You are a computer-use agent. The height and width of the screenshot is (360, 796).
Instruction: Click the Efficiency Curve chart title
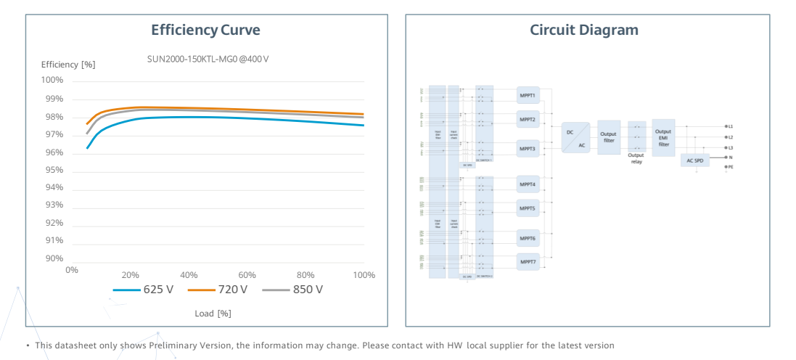point(205,30)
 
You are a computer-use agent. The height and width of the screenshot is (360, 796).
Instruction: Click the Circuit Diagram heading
point(584,30)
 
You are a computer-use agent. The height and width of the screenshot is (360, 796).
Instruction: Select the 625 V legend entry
point(144,290)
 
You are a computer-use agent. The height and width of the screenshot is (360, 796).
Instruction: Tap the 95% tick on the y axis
point(55,170)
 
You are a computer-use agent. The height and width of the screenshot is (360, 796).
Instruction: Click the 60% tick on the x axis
point(247,275)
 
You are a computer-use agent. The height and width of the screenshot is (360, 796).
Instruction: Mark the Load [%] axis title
point(213,314)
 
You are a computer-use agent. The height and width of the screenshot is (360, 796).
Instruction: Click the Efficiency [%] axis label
point(68,65)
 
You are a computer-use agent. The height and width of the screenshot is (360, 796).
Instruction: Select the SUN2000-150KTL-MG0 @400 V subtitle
point(208,58)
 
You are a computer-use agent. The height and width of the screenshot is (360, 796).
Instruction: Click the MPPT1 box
point(528,96)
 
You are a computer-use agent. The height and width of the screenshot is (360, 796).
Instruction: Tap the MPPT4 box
point(528,184)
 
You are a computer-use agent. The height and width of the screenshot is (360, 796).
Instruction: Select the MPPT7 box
point(528,261)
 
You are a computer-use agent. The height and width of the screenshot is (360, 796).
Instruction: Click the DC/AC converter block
point(575,137)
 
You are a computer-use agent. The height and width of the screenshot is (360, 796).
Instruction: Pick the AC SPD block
point(694,160)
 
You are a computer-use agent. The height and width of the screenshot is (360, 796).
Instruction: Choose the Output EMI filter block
point(663,138)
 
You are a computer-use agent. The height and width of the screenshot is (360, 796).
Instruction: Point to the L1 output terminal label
point(729,126)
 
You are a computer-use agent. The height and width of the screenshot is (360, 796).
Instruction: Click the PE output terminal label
point(729,167)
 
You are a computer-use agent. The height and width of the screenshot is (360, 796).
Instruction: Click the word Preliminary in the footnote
point(172,345)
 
